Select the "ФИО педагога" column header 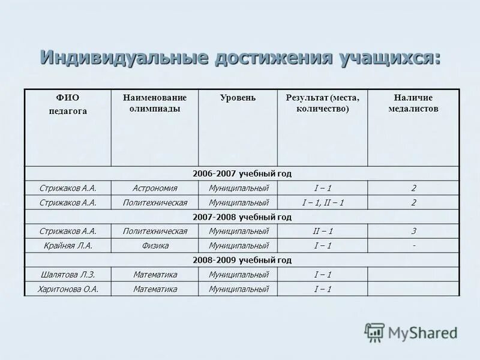pyautogui.click(x=68, y=103)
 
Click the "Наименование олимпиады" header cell pyautogui.click(x=155, y=103)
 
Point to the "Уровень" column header pyautogui.click(x=238, y=98)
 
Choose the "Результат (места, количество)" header pyautogui.click(x=322, y=103)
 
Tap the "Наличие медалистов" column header pyautogui.click(x=413, y=103)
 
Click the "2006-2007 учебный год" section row pyautogui.click(x=242, y=173)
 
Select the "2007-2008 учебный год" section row pyautogui.click(x=242, y=217)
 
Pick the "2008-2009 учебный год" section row pyautogui.click(x=242, y=260)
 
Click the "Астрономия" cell pyautogui.click(x=155, y=188)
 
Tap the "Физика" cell pyautogui.click(x=155, y=245)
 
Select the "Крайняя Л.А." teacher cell pyautogui.click(x=68, y=245)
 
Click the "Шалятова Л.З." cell pyautogui.click(x=68, y=274)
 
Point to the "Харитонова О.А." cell pyautogui.click(x=68, y=289)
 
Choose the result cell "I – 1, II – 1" pyautogui.click(x=322, y=202)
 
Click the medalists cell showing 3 pyautogui.click(x=413, y=231)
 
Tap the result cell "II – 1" pyautogui.click(x=322, y=231)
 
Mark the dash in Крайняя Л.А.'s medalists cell pyautogui.click(x=413, y=245)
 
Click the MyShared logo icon pyautogui.click(x=375, y=332)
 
